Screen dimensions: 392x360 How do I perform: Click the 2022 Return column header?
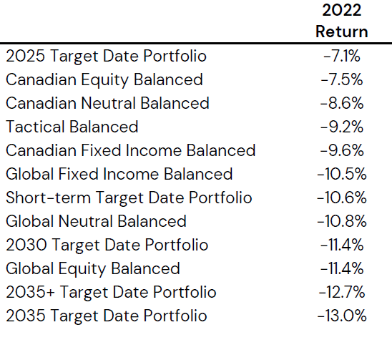(x=342, y=21)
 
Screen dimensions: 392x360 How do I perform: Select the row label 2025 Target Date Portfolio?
(x=107, y=56)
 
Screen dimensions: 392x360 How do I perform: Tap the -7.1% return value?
(x=342, y=56)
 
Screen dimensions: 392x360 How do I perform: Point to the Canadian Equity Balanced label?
(x=104, y=80)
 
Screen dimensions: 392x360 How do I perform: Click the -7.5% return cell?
(x=342, y=79)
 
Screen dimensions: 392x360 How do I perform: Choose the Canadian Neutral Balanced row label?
(x=107, y=103)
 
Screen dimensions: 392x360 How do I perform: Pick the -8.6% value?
(x=342, y=103)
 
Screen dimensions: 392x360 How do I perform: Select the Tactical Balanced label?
(x=72, y=127)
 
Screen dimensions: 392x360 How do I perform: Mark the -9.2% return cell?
(x=342, y=127)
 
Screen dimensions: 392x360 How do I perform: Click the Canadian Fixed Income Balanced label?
(x=131, y=150)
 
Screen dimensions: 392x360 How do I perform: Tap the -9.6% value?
(x=342, y=150)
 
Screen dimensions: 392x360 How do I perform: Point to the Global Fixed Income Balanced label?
(x=119, y=174)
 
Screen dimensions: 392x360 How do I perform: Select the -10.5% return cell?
(x=342, y=174)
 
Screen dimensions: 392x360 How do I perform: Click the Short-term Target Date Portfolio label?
(x=129, y=198)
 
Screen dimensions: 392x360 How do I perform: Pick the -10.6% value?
(x=342, y=198)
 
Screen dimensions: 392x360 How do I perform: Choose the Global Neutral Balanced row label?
(x=97, y=221)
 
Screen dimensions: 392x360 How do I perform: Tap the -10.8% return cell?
(x=342, y=221)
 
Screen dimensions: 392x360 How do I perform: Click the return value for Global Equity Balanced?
(x=342, y=268)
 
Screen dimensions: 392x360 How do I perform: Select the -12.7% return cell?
(x=342, y=292)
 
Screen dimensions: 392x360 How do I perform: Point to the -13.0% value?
(x=342, y=316)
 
